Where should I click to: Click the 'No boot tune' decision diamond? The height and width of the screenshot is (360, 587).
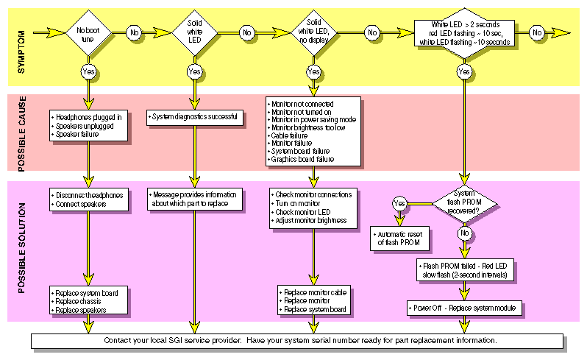point(88,33)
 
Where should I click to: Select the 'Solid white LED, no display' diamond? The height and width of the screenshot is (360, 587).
point(313,32)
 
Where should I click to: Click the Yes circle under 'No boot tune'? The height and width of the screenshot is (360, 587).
point(88,71)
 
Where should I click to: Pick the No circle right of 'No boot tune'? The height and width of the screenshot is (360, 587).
point(133,33)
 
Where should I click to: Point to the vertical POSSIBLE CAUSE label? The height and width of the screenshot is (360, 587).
point(22,130)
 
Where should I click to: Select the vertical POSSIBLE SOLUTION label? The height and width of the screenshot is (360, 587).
point(22,250)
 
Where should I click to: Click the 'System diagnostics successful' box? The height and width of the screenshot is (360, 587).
point(195,117)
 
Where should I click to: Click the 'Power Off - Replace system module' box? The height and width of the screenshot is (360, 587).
point(464,307)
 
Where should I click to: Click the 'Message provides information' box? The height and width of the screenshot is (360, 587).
point(195,199)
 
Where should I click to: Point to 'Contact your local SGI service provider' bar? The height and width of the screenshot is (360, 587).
point(302,341)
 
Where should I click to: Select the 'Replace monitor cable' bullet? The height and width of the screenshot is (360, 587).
point(316,293)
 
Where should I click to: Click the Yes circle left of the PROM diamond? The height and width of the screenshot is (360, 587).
point(399,202)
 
